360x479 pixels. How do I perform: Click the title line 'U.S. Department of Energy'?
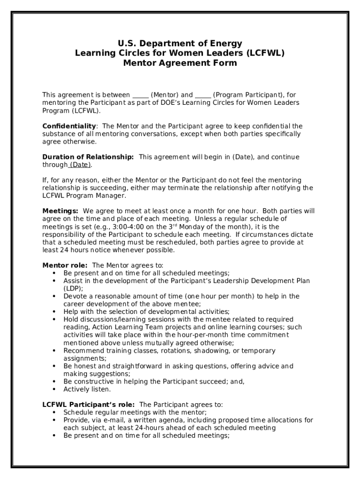(180, 44)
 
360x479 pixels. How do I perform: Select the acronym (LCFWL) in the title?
(266, 53)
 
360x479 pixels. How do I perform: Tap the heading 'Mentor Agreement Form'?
(180, 63)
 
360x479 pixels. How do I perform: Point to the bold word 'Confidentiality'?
(69, 126)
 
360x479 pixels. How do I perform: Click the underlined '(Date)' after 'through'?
(80, 165)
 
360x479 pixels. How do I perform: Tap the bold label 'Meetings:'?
(60, 211)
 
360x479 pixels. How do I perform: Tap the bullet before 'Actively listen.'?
(55, 389)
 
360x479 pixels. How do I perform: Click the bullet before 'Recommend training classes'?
(55, 350)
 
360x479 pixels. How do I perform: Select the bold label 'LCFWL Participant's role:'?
(89, 405)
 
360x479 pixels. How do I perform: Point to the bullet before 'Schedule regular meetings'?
(55, 413)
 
